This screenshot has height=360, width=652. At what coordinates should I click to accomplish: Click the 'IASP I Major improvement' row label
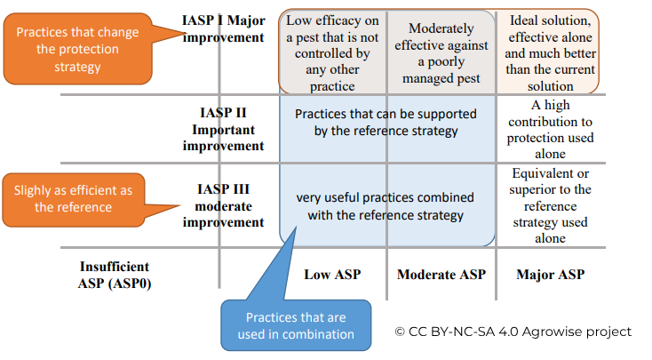[x=223, y=28]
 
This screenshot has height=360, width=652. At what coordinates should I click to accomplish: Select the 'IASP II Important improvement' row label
[x=223, y=129]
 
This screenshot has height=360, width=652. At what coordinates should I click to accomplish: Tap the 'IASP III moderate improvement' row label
[x=223, y=205]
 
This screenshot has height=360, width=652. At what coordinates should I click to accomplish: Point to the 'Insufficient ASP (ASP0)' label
[x=115, y=275]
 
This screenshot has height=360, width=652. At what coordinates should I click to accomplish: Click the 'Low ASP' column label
[x=332, y=275]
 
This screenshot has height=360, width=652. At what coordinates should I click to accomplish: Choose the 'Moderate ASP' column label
[x=441, y=275]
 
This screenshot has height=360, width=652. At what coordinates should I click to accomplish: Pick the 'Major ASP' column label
[x=551, y=275]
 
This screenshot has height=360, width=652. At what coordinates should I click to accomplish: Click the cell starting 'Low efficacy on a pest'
[x=332, y=52]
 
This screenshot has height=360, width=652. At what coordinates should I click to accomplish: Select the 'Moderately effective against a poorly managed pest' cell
[x=441, y=52]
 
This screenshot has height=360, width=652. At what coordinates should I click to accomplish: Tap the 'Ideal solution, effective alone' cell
[x=550, y=52]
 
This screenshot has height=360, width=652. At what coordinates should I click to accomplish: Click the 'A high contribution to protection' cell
[x=550, y=129]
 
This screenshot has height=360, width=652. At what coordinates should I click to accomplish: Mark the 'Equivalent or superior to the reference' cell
[x=550, y=205]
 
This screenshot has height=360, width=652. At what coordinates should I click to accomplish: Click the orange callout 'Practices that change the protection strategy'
[x=78, y=49]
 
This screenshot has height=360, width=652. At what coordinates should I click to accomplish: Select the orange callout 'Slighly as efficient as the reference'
[x=73, y=199]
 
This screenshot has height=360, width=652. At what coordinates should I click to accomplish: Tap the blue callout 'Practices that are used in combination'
[x=296, y=325]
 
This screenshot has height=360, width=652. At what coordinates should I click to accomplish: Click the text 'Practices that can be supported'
[x=386, y=114]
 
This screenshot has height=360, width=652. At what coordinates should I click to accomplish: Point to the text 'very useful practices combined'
[x=385, y=197]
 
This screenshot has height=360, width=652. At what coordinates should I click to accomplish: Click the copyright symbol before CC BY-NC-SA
[x=400, y=332]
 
